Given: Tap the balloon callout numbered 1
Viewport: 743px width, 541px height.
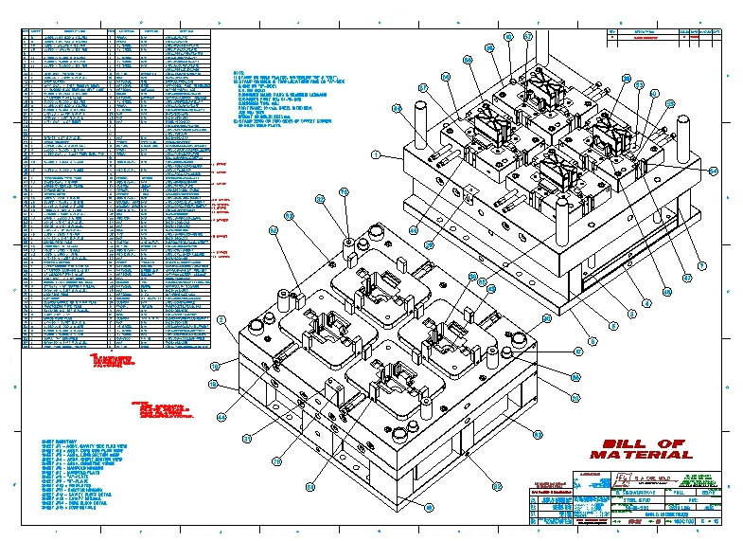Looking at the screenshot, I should click(375, 153).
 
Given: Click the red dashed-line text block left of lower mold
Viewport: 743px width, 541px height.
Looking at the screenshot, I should click(166, 410).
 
